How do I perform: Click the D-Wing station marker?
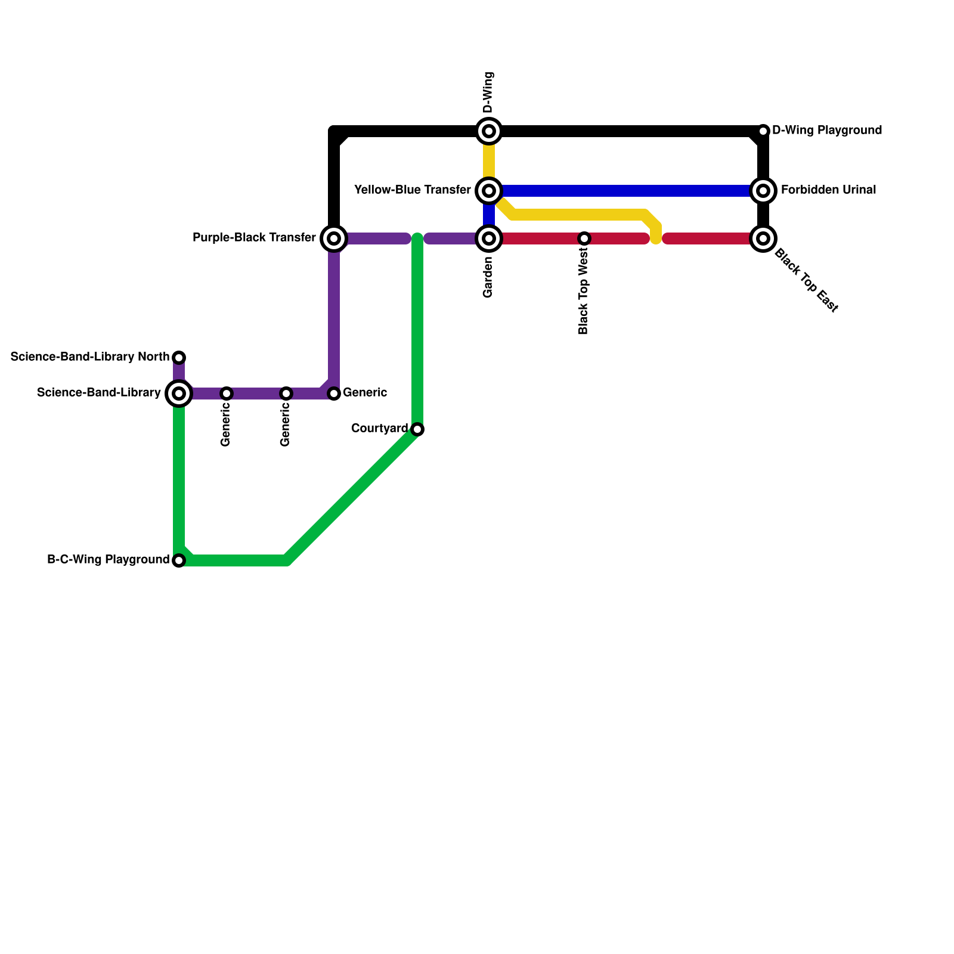489,131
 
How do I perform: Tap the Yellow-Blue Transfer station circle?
489,191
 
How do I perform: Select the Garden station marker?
489,238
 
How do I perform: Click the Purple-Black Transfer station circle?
334,238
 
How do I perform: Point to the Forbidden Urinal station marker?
763,191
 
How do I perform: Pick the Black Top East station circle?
763,238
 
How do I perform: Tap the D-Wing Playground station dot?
763,131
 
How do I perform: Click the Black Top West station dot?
584,238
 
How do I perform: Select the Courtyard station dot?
417,429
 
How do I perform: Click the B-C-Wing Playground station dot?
179,560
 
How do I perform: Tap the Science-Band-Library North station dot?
179,358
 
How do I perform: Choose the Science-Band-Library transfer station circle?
179,394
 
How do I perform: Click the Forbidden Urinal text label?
828,190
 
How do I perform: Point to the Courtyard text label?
379,429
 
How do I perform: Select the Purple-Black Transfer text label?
254,238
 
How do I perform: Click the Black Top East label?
806,281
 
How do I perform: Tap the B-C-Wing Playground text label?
108,560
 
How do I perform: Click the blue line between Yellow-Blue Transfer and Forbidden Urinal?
626,191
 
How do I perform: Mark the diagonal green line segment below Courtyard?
352,495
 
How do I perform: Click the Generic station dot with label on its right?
334,394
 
